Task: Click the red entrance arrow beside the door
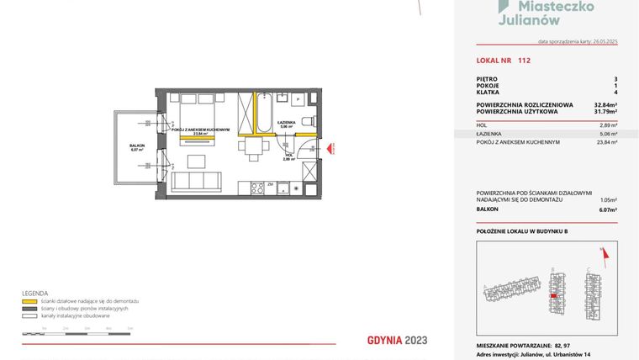click(331, 147)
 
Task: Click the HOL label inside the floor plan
click(288, 155)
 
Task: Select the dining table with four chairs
click(253, 150)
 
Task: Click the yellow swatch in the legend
click(28, 300)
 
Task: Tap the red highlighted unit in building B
click(552, 295)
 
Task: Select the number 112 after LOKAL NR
click(524, 61)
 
